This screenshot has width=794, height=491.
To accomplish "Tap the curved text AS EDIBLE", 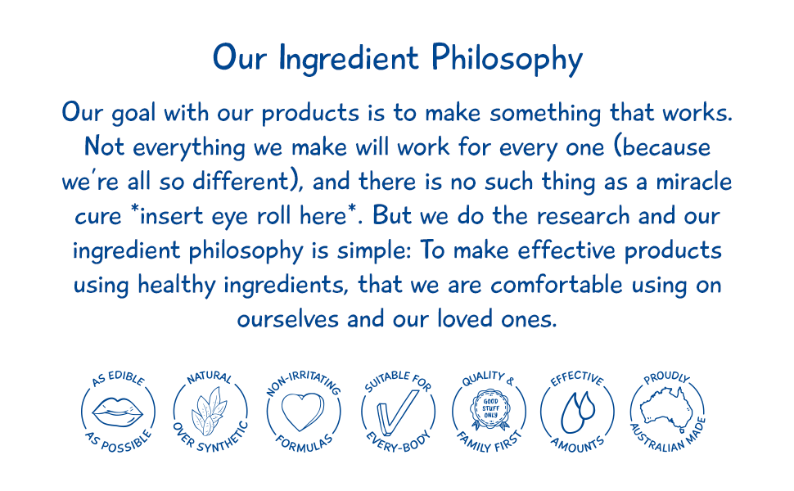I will tap(117, 380).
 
